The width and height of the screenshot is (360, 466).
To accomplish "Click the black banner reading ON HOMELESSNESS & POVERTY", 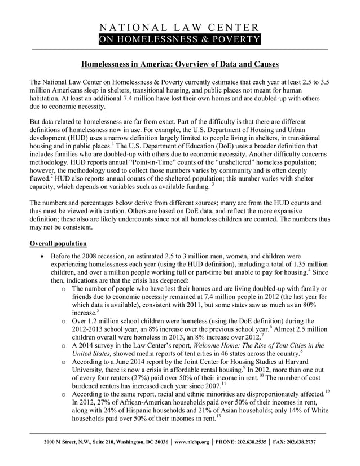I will [x=179, y=39].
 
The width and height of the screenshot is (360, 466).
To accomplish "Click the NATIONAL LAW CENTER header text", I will [x=179, y=27].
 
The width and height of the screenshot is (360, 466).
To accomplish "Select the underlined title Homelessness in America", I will [x=179, y=64].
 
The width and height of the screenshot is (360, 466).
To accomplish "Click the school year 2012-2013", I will [x=90, y=329].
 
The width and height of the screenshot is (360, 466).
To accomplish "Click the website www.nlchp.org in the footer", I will [x=192, y=442].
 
